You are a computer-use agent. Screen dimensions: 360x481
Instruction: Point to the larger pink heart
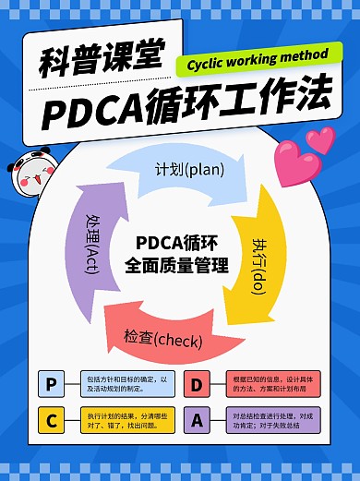[x=294, y=162]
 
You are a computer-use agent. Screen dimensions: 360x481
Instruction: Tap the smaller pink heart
[x=320, y=138]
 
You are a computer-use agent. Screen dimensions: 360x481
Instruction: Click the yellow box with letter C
[x=51, y=421]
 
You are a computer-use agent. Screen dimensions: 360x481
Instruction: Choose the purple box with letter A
[x=197, y=421]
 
